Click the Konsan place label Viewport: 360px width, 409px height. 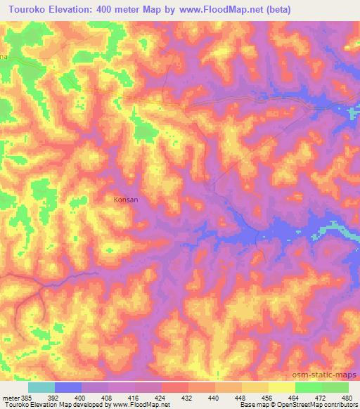(126, 200)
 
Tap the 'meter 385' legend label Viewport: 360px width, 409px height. (15, 397)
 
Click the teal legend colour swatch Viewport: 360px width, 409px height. (41, 387)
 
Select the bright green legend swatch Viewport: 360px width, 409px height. (308, 387)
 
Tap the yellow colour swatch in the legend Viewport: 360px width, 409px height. (281, 387)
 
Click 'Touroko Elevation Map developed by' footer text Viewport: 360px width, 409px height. (49, 405)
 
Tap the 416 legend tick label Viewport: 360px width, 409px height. (134, 397)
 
